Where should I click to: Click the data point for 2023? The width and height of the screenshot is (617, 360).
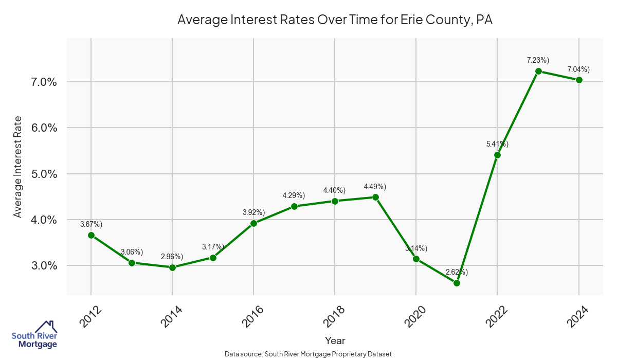point(538,71)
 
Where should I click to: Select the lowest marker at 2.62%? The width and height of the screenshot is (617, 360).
point(457,283)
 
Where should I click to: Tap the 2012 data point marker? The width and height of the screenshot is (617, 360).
point(91,235)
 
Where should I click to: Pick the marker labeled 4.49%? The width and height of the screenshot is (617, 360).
point(375,197)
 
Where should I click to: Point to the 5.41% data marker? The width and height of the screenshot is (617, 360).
point(497,155)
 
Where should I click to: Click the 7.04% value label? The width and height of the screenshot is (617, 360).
point(578,69)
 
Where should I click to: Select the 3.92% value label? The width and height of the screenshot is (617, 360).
point(253,212)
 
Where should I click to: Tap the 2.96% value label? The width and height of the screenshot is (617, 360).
point(172,256)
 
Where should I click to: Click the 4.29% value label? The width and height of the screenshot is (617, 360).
point(294,195)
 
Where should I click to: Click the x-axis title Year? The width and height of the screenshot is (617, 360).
point(335,340)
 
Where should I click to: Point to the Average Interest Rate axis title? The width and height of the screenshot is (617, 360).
point(18,167)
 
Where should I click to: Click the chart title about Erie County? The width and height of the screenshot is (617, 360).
point(335,20)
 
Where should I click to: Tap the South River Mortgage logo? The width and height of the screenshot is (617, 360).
point(34,335)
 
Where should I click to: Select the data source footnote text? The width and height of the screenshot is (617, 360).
point(308,354)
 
